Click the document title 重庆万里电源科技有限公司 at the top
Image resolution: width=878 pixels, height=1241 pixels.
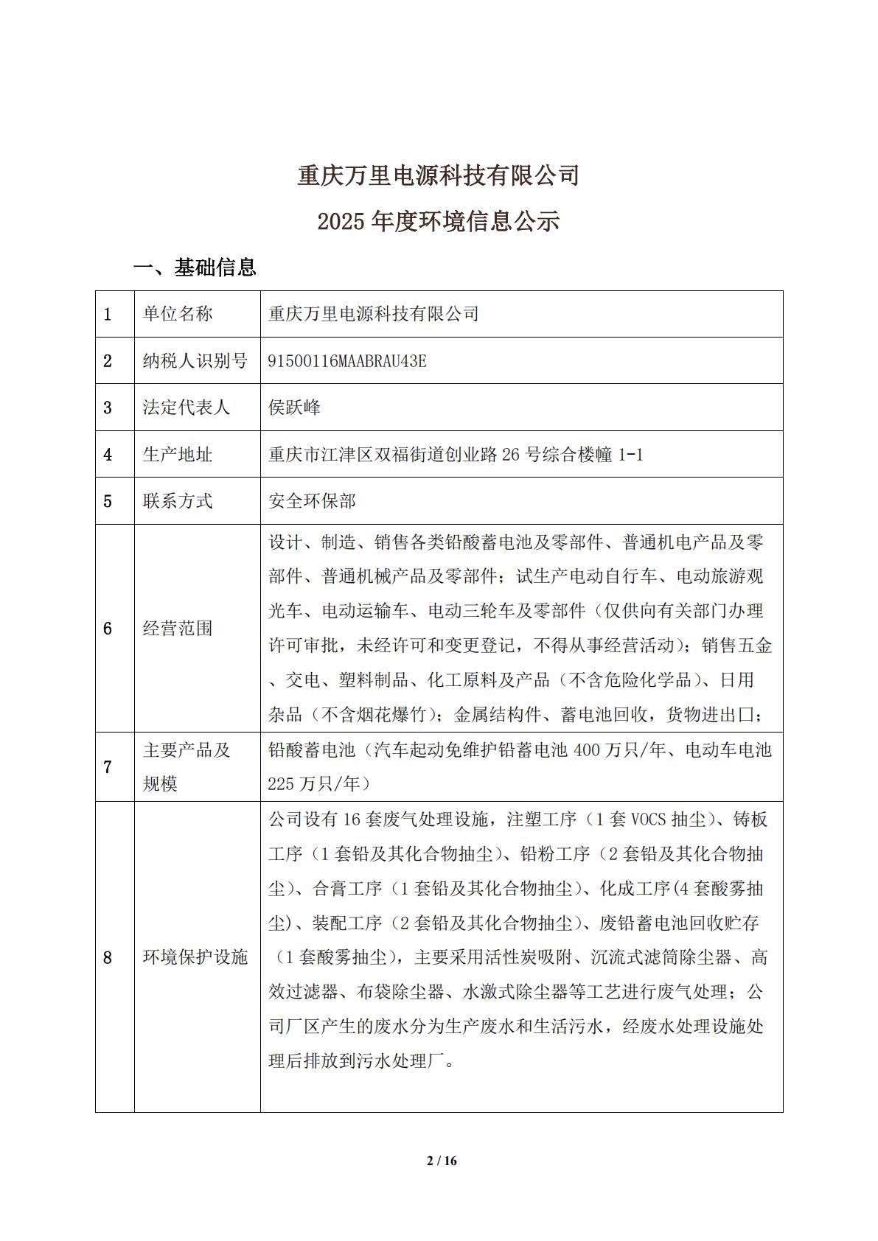438,175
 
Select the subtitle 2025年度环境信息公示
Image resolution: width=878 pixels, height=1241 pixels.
438,221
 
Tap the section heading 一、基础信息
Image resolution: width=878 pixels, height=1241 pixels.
195,267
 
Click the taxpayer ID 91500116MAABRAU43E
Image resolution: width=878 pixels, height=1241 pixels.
347,361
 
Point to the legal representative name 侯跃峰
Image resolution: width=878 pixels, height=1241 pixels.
294,408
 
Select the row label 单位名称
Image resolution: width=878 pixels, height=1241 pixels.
178,314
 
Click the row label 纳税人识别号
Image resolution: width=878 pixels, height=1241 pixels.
195,361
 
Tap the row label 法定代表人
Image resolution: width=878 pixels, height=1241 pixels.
187,408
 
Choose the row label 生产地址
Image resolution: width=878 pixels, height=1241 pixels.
178,455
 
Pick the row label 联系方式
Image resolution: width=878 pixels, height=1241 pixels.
178,501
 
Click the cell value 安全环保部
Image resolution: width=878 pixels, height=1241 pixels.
312,501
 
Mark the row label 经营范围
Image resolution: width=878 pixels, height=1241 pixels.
178,629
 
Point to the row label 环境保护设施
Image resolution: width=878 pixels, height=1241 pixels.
195,957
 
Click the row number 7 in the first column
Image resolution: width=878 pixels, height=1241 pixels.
108,767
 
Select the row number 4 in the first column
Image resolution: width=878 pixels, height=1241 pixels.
108,455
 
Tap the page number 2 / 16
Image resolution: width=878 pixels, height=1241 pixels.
442,1161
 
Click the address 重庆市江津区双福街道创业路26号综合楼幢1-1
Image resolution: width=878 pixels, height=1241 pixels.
456,455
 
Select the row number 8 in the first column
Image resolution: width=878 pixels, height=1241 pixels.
108,957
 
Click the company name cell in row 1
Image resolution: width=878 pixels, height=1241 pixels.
374,314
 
